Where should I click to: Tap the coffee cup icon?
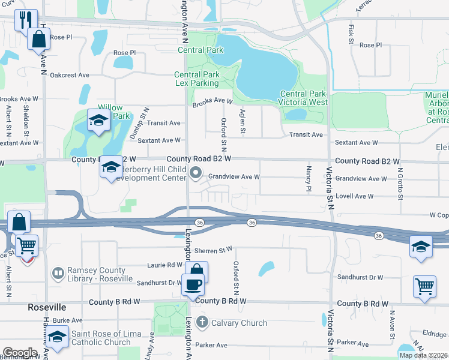tap(193, 284)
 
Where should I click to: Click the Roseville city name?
tap(47, 307)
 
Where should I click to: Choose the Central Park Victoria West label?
tap(304, 98)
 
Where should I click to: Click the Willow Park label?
tap(114, 112)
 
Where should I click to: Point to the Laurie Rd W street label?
tap(166, 265)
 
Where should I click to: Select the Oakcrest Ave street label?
tap(70, 76)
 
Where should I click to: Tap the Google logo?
tap(20, 353)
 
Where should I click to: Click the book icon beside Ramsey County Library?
tap(58, 274)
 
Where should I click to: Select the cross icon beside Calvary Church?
tap(202, 323)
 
